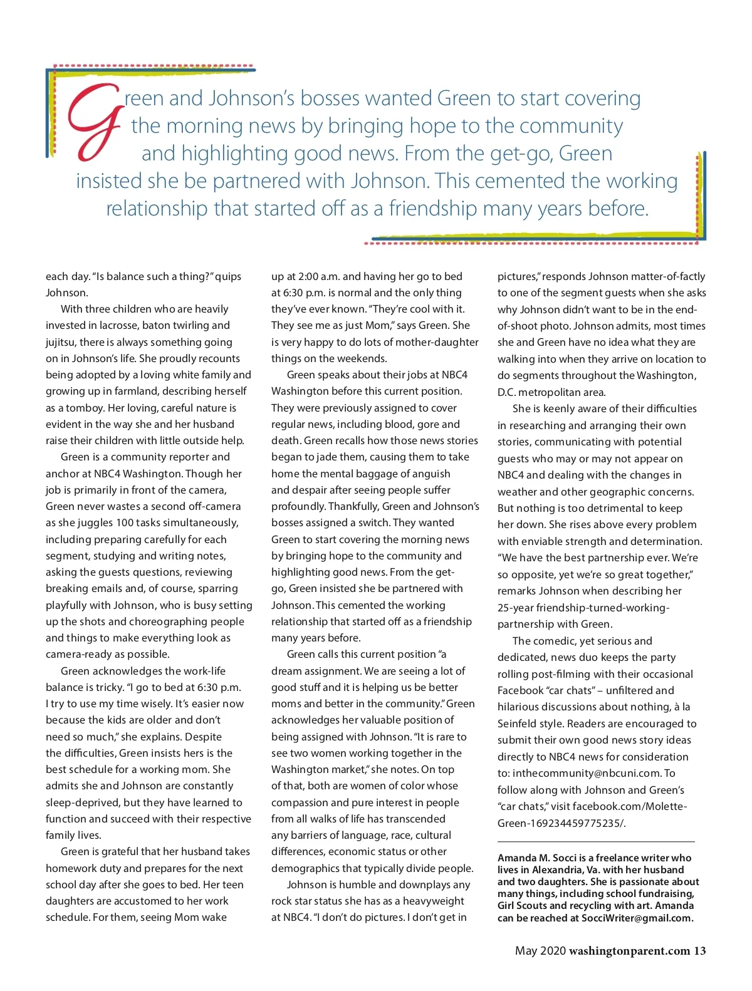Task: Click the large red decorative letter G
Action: click(x=94, y=122)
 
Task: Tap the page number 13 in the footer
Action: click(x=699, y=951)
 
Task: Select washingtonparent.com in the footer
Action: click(x=629, y=951)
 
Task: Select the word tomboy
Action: click(x=85, y=408)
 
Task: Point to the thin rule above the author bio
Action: click(x=596, y=841)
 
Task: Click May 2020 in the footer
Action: click(x=540, y=951)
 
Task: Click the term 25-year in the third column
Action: click(x=515, y=608)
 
